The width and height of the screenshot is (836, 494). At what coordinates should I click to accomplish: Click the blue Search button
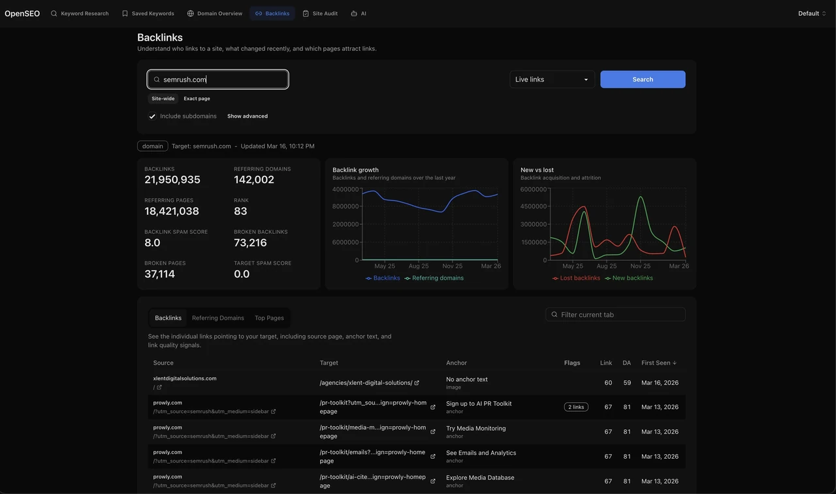click(x=642, y=79)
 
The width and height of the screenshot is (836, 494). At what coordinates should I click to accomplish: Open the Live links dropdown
click(x=552, y=79)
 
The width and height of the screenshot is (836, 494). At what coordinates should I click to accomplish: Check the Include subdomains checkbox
click(x=152, y=116)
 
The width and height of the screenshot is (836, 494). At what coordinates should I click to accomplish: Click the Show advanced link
click(x=248, y=116)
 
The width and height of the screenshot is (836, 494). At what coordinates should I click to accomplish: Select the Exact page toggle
click(x=197, y=99)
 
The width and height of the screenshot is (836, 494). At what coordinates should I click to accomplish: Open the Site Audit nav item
click(x=320, y=14)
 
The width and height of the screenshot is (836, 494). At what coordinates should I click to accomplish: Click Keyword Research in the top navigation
click(x=80, y=14)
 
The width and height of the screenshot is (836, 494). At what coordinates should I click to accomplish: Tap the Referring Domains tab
click(x=218, y=318)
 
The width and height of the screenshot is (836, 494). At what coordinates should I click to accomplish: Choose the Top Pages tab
click(x=269, y=318)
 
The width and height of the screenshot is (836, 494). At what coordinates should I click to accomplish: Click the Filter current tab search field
click(x=615, y=314)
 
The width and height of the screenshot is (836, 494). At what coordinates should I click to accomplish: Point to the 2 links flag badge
click(x=576, y=407)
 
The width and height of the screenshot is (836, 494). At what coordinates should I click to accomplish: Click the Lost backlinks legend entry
click(x=576, y=278)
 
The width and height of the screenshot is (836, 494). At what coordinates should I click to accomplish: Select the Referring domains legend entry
click(x=434, y=278)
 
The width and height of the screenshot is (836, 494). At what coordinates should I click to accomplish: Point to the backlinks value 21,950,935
click(x=172, y=180)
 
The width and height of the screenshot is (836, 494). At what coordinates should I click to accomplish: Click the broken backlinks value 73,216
click(x=250, y=242)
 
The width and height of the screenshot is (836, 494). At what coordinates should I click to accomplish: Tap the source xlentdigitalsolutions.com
click(x=185, y=378)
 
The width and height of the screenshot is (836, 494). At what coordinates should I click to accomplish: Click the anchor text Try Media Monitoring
click(x=476, y=428)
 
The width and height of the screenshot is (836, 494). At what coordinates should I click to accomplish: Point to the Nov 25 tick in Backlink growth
click(x=453, y=266)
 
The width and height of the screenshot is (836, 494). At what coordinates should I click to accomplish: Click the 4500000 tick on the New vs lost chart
click(x=534, y=206)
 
